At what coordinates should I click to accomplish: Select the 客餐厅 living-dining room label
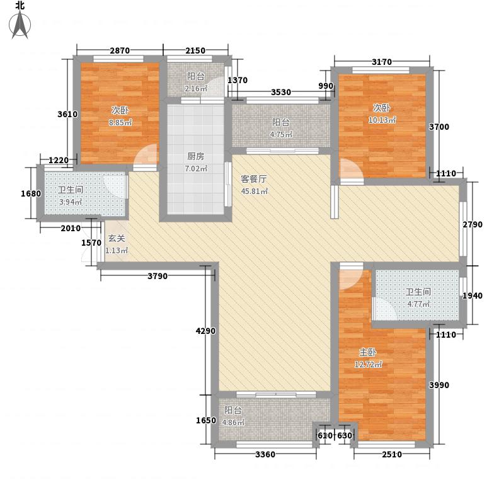coord(254,178)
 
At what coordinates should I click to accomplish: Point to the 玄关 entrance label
coord(116,239)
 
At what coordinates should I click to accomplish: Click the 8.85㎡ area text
coord(119,122)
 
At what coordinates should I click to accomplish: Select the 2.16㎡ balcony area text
coord(197,89)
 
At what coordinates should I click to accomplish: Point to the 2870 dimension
coord(120,50)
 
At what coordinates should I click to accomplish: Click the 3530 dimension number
coord(281,93)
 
